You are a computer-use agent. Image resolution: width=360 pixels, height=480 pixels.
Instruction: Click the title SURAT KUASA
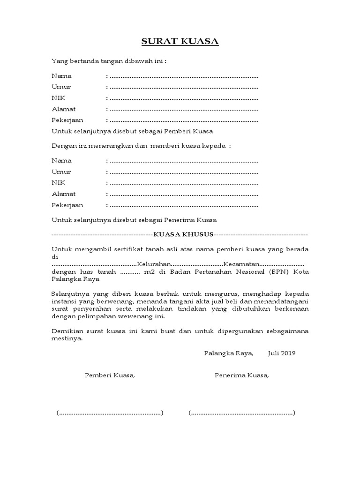tap(180, 42)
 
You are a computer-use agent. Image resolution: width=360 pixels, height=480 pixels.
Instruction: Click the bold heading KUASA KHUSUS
tap(187, 234)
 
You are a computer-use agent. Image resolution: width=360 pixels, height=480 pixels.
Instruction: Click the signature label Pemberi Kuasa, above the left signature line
tap(110, 375)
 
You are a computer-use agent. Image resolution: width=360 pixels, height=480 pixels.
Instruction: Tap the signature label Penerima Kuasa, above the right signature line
tap(242, 375)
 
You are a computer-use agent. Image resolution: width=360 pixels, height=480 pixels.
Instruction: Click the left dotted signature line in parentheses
tap(110, 413)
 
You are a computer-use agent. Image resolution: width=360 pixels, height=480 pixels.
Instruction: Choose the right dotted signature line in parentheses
tap(242, 413)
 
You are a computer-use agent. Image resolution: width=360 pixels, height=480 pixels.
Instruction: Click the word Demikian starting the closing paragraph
tap(66, 331)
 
